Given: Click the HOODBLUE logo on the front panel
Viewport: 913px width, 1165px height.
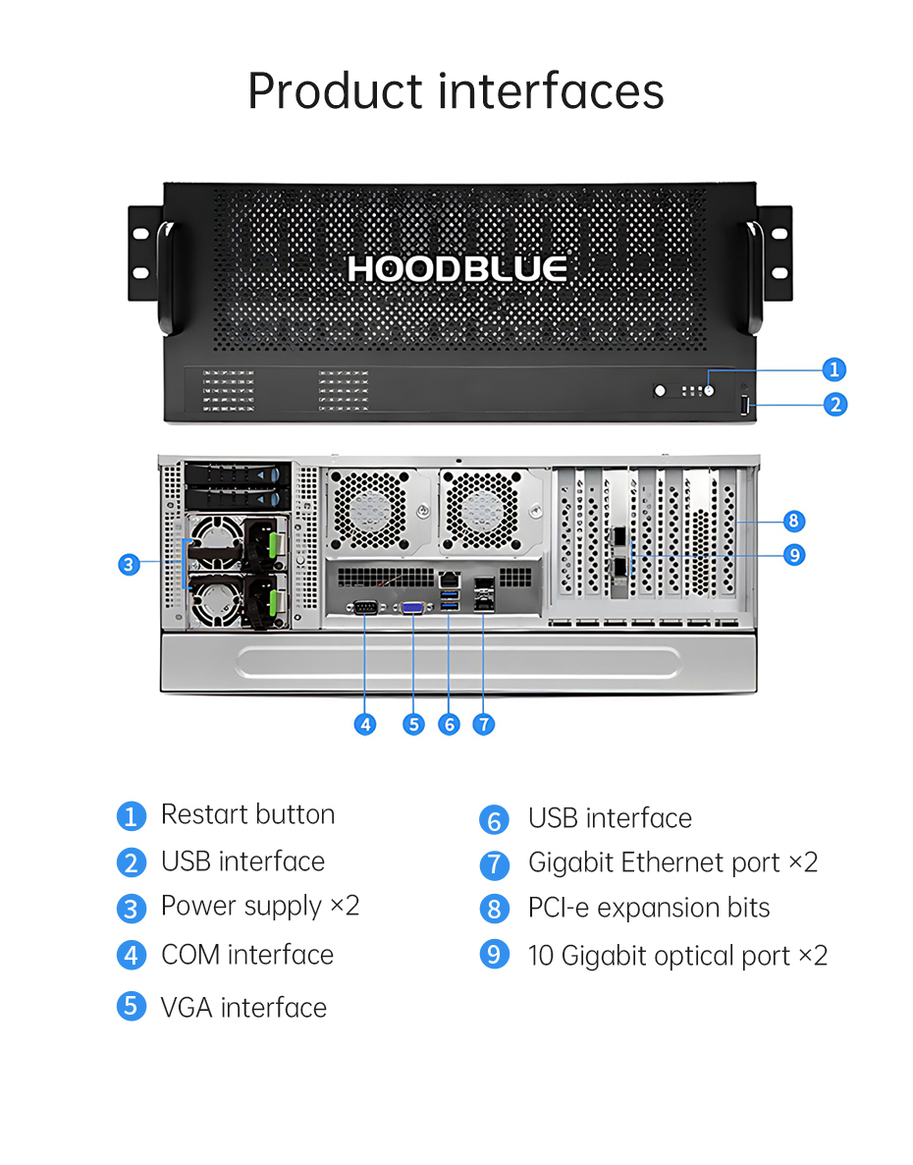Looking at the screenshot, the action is tap(457, 269).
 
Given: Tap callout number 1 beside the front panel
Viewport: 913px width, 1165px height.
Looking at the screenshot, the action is tap(834, 369).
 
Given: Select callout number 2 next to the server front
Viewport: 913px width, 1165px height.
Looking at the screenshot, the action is tap(835, 404).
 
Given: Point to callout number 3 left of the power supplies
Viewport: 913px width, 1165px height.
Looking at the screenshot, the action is tap(130, 565).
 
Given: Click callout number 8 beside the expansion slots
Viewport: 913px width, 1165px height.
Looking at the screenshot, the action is tap(793, 521).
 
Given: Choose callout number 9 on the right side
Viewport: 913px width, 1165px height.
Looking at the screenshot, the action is tap(794, 555).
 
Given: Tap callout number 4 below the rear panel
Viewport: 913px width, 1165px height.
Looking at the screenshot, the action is tap(364, 724).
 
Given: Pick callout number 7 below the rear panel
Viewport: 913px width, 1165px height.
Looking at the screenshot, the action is tap(484, 724).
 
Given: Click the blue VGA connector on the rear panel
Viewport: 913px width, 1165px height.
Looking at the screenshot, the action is tap(413, 608).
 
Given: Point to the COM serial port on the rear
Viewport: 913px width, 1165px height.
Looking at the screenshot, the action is tap(364, 608).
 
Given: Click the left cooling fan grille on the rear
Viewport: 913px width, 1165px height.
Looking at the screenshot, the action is tap(370, 511).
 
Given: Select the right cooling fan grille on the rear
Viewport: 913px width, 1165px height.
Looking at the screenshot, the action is tap(482, 511).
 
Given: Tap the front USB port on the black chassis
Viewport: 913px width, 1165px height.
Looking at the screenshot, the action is tap(744, 405).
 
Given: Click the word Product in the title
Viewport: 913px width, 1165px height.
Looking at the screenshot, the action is tap(335, 91).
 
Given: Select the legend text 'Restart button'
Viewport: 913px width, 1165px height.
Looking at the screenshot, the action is tap(248, 814).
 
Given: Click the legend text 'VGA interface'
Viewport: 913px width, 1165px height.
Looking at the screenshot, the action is tap(244, 1008).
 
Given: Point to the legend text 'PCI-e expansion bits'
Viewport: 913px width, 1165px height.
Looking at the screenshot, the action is tap(649, 908).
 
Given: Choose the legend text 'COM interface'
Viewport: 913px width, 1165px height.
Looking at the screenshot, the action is tap(248, 955).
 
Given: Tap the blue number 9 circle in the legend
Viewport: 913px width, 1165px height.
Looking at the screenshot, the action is tap(495, 954).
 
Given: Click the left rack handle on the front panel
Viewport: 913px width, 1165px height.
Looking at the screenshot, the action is tap(165, 276).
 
